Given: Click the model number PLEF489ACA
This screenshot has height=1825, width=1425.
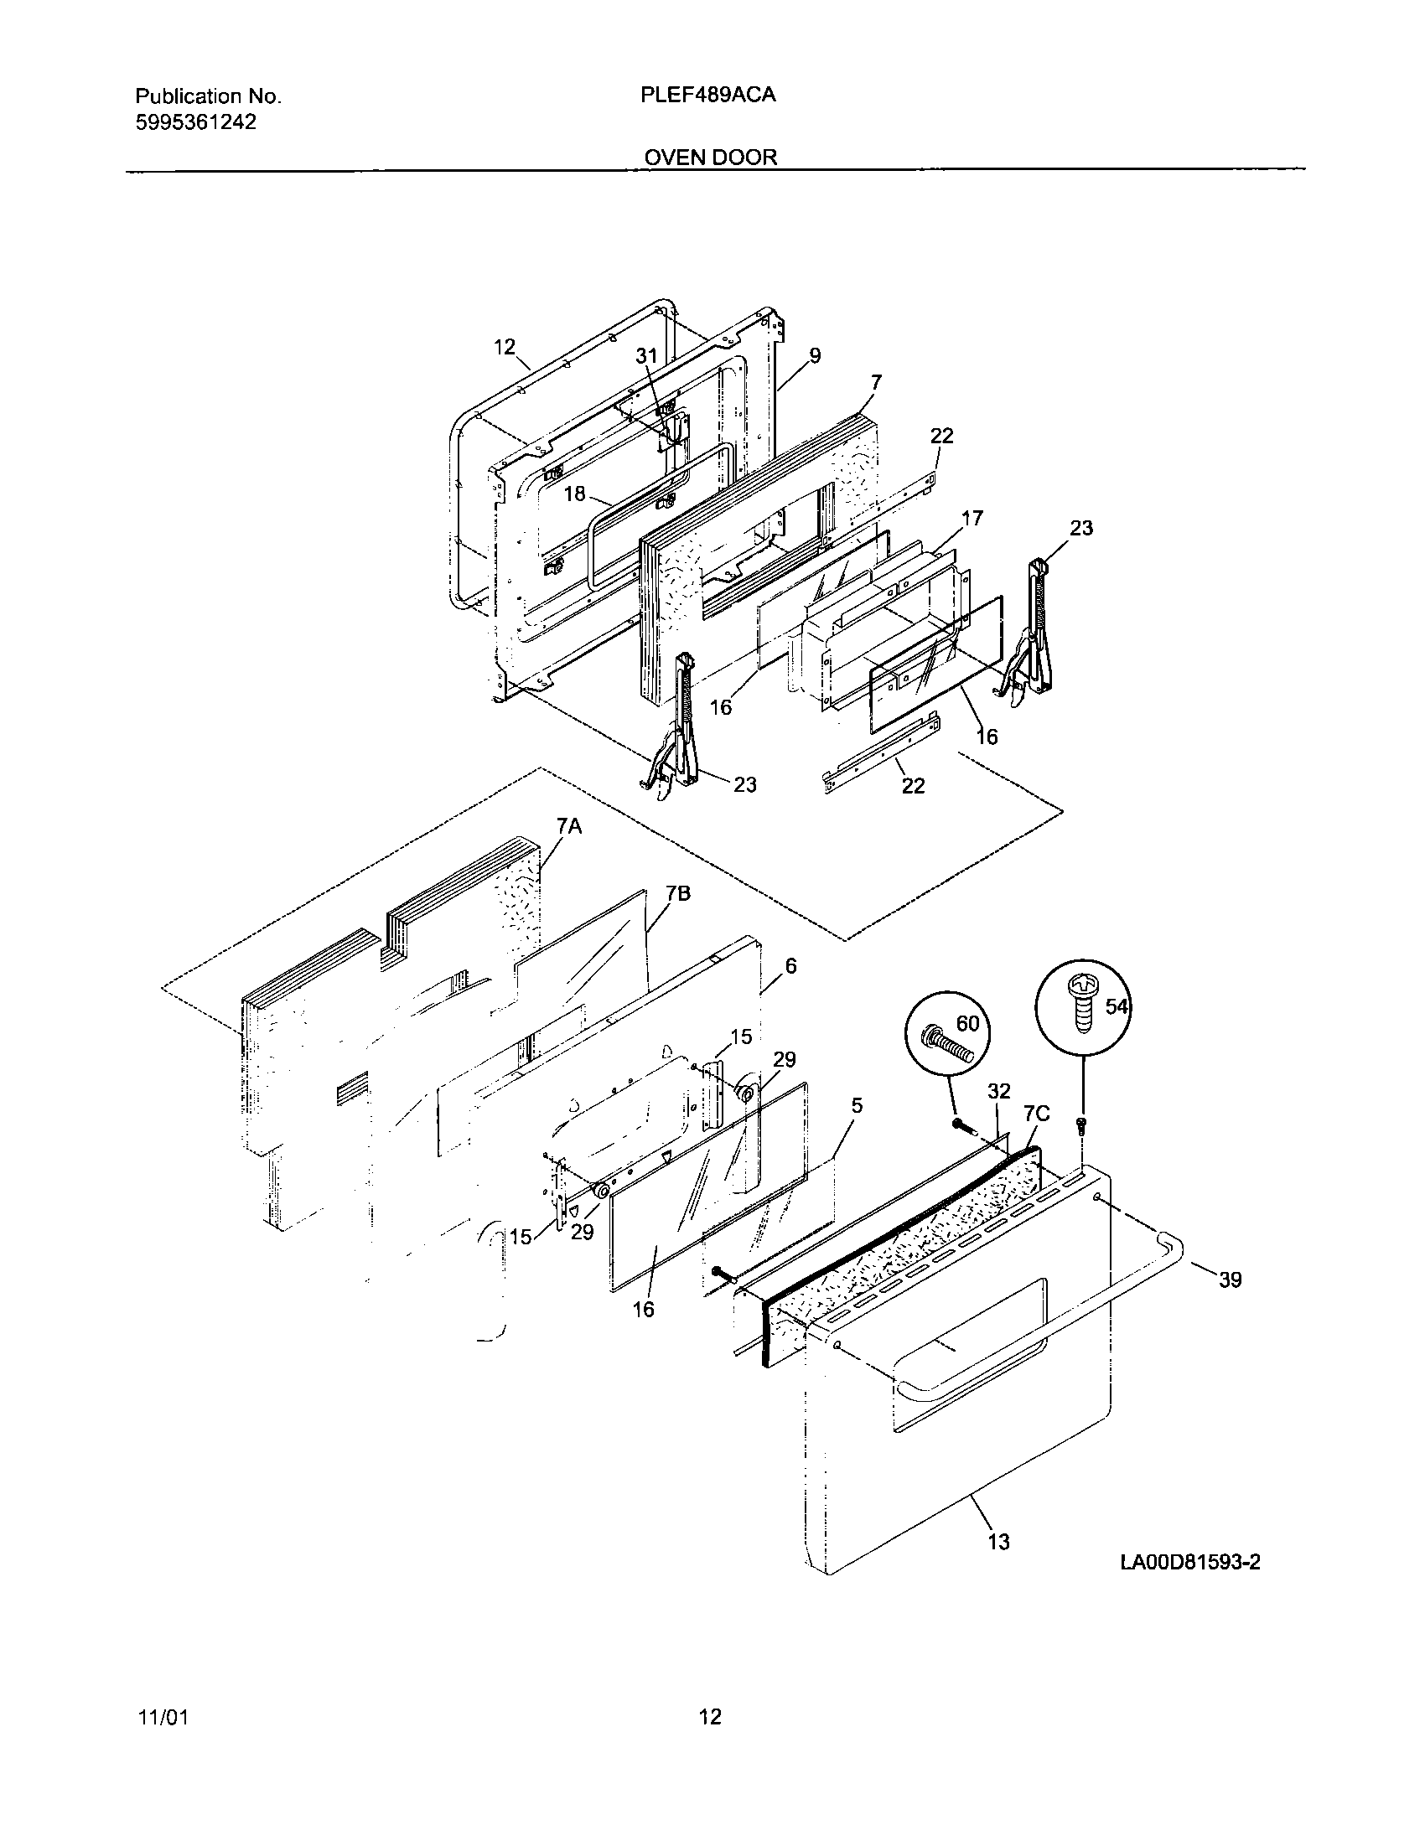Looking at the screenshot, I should tap(707, 96).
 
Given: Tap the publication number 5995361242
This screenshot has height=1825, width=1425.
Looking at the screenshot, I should tap(195, 122).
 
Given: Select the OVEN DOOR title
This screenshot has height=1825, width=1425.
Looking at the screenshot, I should tap(710, 157).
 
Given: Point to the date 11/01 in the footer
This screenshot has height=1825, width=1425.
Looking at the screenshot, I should tap(162, 1718).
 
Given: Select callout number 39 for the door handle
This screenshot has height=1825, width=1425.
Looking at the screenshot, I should tap(1230, 1280).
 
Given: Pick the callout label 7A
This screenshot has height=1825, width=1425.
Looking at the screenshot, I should tap(568, 827).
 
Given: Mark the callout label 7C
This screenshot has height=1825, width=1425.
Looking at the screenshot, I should tap(1037, 1114).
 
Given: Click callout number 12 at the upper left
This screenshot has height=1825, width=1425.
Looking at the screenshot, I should tap(505, 346).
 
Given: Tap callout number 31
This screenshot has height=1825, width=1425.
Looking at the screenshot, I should tap(646, 356).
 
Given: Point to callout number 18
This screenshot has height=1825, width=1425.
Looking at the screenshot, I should tap(574, 494).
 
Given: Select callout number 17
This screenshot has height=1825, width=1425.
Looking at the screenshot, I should tap(972, 518).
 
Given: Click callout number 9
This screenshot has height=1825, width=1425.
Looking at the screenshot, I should tap(814, 355).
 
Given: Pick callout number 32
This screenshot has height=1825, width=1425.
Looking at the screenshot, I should tap(999, 1091).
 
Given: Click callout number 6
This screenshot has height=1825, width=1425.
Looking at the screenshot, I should tap(790, 966).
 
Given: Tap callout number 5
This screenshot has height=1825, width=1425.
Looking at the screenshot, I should tap(856, 1106).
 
